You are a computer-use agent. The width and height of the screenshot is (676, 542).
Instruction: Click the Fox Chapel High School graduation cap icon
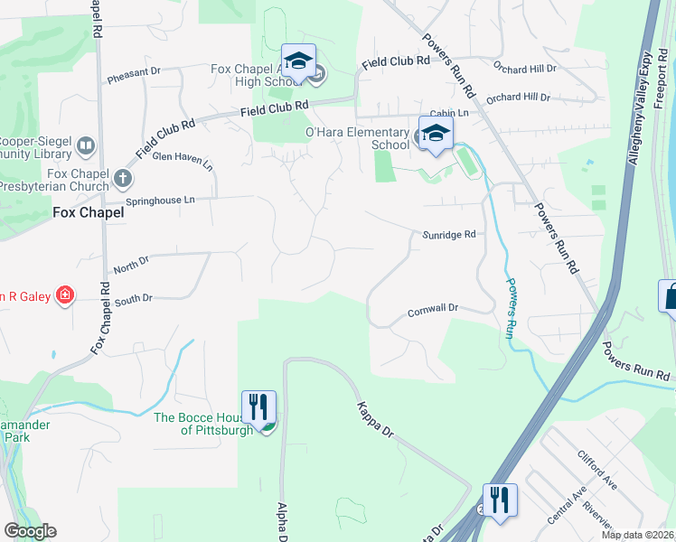coord(298,61)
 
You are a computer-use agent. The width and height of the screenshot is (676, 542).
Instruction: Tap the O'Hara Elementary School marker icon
coord(436,133)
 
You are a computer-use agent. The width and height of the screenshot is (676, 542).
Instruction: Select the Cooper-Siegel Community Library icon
coord(86,145)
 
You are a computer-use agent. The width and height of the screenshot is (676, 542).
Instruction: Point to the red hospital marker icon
coord(64,294)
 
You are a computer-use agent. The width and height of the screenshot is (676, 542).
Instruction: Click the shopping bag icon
coord(670,295)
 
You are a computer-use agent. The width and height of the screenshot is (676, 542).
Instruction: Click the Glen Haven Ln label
coord(183,161)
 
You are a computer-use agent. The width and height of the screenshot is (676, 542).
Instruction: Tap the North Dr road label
coord(132,265)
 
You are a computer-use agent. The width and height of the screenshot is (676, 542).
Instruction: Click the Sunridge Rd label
coord(449,235)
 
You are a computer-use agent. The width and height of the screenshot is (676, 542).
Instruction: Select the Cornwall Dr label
coord(434,308)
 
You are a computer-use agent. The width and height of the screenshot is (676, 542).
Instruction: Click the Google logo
coord(30,531)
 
